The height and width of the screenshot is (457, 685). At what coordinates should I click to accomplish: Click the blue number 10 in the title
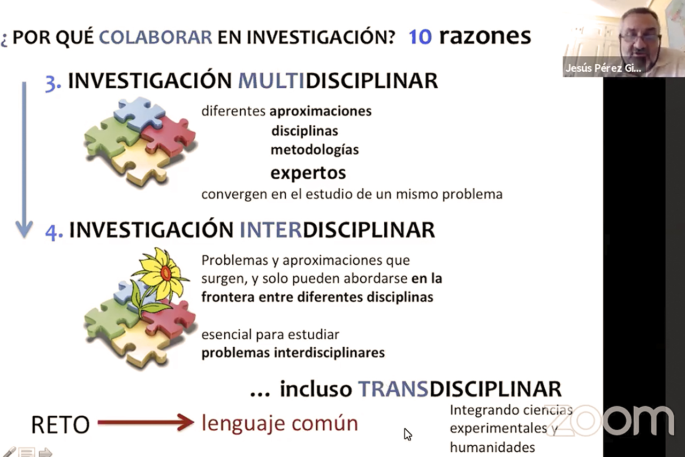click(420, 37)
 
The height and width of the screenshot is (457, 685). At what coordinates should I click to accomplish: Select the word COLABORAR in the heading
click(155, 37)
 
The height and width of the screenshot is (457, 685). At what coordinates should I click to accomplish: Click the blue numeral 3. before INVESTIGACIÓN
click(53, 82)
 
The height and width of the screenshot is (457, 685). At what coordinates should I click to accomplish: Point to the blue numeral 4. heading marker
click(54, 231)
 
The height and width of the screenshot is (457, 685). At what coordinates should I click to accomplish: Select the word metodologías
click(315, 150)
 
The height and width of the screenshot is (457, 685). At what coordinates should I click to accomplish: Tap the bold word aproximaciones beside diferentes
click(321, 111)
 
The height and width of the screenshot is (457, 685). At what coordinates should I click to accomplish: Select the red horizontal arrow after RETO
click(146, 422)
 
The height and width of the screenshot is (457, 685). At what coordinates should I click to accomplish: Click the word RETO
click(60, 424)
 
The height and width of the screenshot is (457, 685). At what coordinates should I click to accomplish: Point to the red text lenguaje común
click(279, 424)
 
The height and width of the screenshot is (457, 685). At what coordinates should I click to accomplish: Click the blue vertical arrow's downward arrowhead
click(24, 229)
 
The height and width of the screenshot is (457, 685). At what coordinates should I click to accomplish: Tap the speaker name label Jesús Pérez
click(603, 68)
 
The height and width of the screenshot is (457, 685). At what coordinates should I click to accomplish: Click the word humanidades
click(492, 447)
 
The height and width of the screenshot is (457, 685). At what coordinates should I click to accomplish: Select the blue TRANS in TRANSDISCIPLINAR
click(393, 389)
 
